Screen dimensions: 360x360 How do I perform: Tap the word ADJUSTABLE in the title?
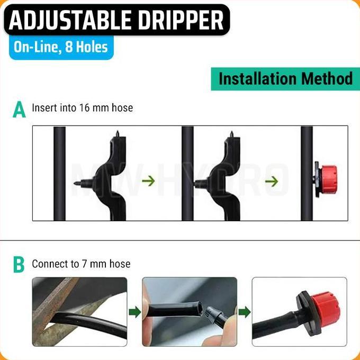point(66,21)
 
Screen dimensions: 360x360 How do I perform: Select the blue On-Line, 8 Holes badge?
point(61,48)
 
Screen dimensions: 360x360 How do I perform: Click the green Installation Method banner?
point(285,79)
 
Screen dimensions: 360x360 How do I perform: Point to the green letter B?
point(19,264)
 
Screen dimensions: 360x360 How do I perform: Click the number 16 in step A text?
point(85,108)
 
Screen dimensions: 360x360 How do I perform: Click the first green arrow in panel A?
point(149,181)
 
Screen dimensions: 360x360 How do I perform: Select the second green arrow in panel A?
point(272,181)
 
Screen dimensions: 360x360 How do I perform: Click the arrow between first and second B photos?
point(135,312)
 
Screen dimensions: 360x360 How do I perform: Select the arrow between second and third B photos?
point(244,312)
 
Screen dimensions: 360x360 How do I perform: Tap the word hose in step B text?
point(120,264)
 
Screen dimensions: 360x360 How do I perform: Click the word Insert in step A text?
point(44,108)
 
